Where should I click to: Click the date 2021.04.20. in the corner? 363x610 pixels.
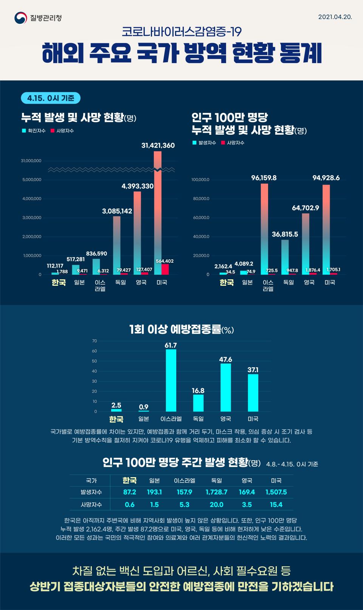(335, 17)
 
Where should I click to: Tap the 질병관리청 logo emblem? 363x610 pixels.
(20, 18)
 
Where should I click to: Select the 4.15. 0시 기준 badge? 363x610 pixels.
(51, 98)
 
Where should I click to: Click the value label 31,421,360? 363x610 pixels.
(158, 145)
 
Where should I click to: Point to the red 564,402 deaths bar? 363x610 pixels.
(165, 269)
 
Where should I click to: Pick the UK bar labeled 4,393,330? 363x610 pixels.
(137, 232)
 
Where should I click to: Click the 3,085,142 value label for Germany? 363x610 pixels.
(117, 211)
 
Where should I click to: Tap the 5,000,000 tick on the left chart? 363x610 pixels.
(32, 180)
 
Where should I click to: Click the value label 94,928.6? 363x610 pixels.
(326, 178)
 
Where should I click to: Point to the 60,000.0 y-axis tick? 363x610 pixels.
(200, 218)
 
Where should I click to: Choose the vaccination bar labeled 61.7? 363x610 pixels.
(171, 380)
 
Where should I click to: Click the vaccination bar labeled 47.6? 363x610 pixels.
(226, 387)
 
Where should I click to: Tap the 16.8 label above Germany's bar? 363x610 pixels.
(198, 391)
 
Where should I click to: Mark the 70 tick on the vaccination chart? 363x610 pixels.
(95, 341)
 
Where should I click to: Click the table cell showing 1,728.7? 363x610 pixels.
(216, 492)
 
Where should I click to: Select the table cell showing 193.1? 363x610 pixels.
(154, 492)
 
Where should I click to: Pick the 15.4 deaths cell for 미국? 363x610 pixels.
(276, 505)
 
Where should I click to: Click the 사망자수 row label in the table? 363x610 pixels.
(91, 505)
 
